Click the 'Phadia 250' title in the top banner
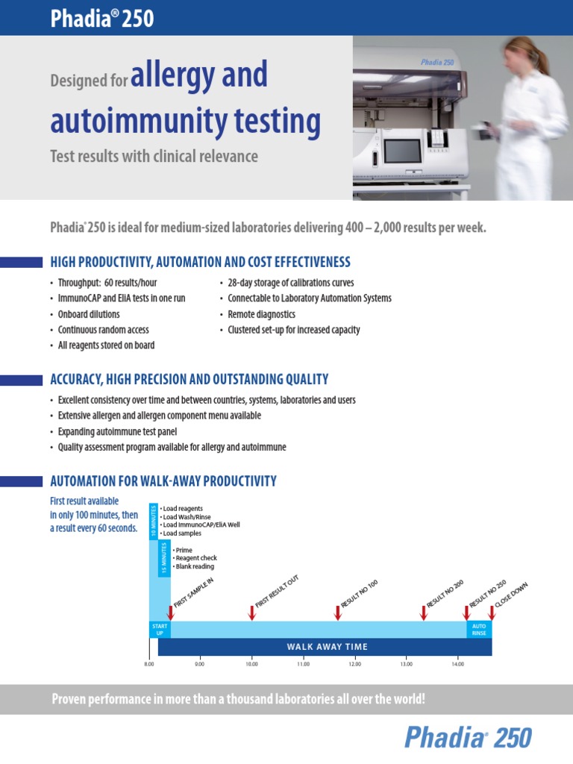(x=102, y=18)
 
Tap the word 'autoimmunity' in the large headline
(x=186, y=121)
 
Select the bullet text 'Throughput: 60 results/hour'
(x=107, y=283)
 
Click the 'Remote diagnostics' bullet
(x=261, y=314)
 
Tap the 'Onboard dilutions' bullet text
(x=89, y=314)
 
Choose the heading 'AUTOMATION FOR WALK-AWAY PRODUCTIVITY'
(x=163, y=481)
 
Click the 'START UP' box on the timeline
(x=160, y=629)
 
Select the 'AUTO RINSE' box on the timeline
(x=479, y=629)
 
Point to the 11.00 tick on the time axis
(x=303, y=663)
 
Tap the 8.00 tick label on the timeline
(x=149, y=663)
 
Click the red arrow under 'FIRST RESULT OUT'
(x=252, y=613)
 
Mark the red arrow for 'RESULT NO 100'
(x=337, y=613)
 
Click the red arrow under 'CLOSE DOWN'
(x=491, y=613)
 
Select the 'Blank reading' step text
(x=193, y=567)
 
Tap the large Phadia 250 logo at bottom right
(x=468, y=738)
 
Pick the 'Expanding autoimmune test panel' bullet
(x=117, y=431)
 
